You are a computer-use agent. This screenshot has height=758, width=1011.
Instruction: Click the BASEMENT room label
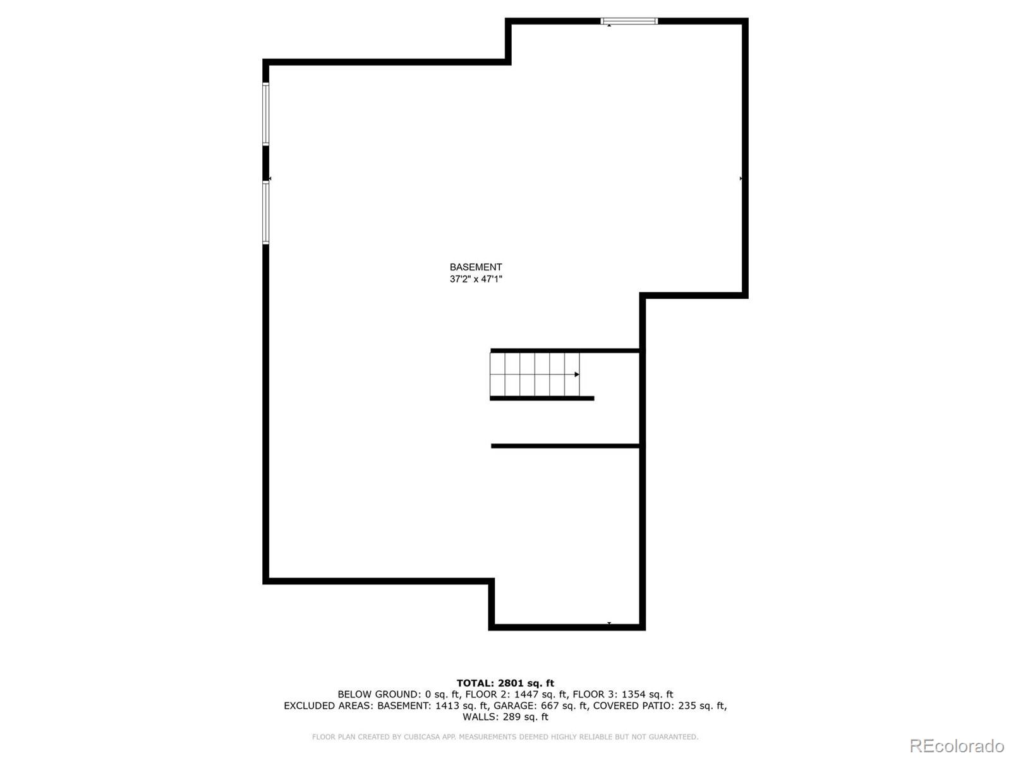tap(476, 267)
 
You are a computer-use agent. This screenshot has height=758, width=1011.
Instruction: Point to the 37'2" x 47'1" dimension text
tap(476, 279)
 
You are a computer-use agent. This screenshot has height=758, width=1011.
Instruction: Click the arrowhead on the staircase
tap(576, 375)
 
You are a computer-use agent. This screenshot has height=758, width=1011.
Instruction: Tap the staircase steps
tap(534, 375)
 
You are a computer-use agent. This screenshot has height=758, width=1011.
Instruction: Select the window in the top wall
tap(629, 21)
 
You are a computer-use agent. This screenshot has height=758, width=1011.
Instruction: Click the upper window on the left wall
tap(266, 114)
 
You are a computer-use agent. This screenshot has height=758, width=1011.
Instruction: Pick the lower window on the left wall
tap(266, 212)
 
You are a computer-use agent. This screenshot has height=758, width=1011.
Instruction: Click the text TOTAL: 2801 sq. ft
tap(505, 683)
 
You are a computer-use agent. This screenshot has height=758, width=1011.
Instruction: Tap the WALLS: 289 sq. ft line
tap(505, 717)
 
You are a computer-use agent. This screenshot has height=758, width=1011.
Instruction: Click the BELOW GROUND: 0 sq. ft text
tap(398, 694)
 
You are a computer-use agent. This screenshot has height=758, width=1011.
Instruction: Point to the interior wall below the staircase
tap(567, 446)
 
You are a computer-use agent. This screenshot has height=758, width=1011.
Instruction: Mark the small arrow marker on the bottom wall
tap(609, 623)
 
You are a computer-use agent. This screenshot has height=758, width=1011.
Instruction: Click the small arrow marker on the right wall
tap(741, 179)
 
